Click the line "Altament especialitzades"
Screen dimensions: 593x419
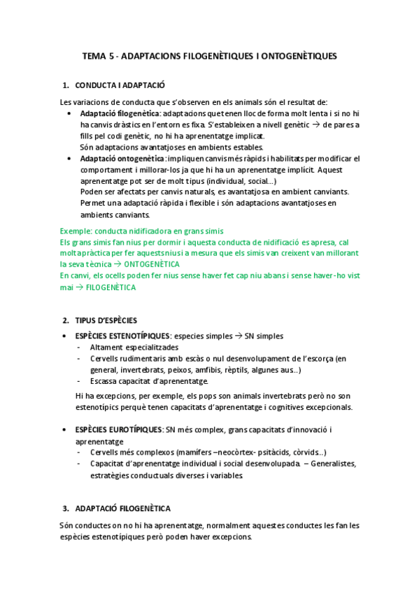(x=134, y=348)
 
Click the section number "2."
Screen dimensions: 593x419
(x=66, y=321)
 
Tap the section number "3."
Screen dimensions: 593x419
(x=66, y=508)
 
